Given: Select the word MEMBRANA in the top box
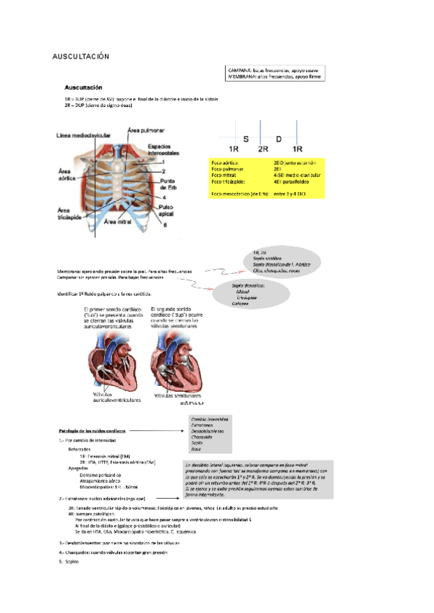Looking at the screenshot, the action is pyautogui.click(x=243, y=76).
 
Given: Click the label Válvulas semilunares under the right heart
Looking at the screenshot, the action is pyautogui.click(x=170, y=395).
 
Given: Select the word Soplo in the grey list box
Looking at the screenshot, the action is pyautogui.click(x=197, y=442).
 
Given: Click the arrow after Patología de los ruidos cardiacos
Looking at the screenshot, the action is pyautogui.click(x=154, y=430).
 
